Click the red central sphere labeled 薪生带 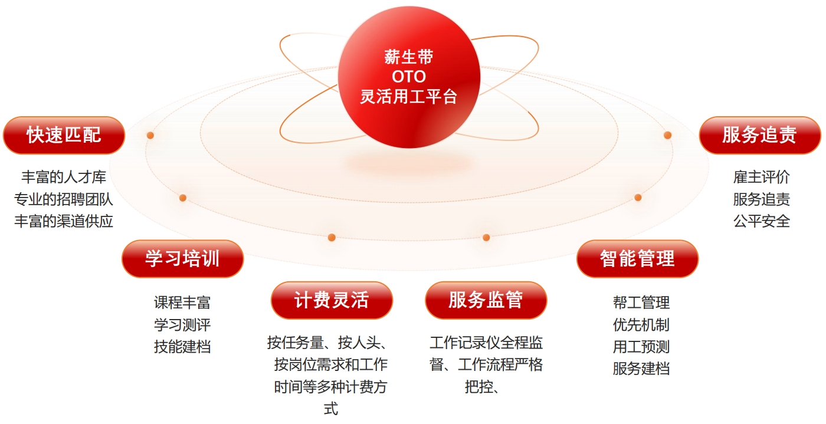[409, 77]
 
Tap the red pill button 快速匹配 [64, 135]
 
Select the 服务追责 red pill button [760, 135]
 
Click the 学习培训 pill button [182, 258]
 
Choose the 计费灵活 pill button [332, 300]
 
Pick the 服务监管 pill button [486, 300]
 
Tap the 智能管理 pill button [637, 258]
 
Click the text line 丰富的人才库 [64, 177]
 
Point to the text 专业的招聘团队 [64, 199]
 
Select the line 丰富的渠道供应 [64, 221]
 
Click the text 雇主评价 [762, 177]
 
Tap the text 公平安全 [762, 221]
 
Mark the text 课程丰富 [182, 303]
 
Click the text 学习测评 [182, 324]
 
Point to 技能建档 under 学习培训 [182, 347]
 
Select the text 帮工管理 [641, 303]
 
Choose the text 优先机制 [641, 324]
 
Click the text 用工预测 [641, 347]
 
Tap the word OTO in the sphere [409, 77]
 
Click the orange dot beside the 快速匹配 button [150, 135]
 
